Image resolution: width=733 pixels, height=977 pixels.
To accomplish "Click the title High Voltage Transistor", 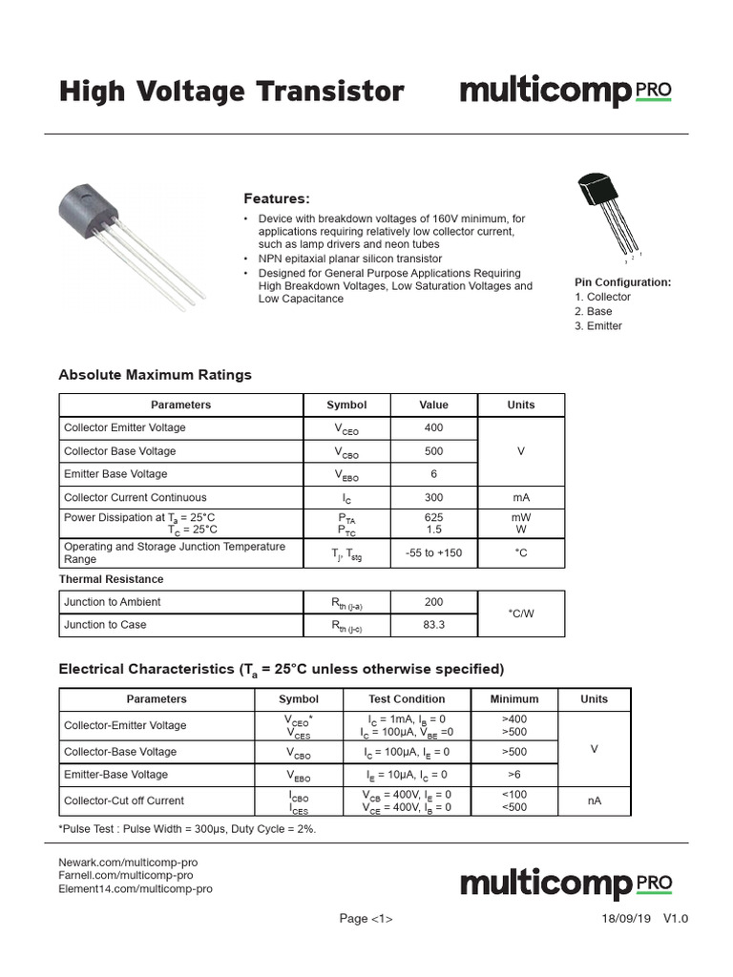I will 232,92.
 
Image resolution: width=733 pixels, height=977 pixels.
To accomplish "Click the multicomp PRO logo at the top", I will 566,92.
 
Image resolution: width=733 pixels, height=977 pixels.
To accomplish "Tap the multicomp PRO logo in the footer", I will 566,883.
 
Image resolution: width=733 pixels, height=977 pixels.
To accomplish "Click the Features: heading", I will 277,198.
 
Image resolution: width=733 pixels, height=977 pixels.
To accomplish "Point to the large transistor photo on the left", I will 130,239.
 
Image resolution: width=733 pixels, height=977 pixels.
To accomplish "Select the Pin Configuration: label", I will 622,282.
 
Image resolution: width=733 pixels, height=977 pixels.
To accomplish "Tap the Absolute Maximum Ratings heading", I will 156,375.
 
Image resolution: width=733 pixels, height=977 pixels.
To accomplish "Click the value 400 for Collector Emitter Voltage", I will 433,428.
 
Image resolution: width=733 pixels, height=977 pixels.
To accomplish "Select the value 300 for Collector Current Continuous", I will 433,497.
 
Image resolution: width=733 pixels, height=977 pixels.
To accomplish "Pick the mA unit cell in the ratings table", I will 520,497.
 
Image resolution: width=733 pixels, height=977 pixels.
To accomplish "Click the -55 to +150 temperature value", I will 433,552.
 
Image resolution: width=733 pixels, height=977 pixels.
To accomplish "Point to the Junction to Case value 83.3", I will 433,625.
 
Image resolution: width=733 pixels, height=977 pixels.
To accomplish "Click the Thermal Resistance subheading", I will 111,579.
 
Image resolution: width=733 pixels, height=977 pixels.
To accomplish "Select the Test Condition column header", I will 407,698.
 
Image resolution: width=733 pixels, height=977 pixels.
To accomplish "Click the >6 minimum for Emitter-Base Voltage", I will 513,775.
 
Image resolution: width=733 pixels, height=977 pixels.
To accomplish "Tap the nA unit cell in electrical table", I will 594,800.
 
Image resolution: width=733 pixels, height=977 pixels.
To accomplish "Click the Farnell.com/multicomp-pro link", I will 126,875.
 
